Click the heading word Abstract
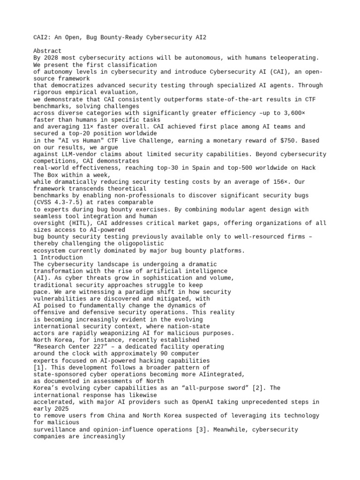click(x=47, y=51)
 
